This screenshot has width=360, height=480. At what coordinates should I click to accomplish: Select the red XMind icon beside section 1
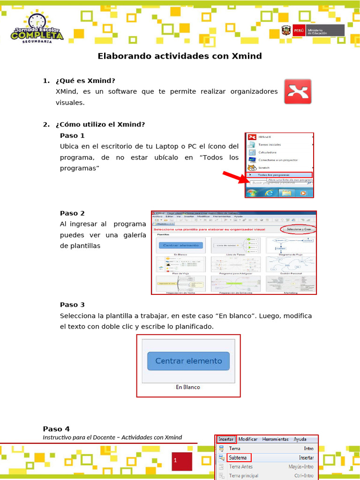[298, 91]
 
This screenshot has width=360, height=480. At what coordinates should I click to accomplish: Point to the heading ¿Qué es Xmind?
[85, 81]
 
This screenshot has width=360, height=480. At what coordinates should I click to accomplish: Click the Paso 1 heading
[72, 135]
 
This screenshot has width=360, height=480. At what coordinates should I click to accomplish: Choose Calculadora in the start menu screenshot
[267, 152]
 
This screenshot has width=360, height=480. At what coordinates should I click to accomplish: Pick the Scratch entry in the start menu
[264, 167]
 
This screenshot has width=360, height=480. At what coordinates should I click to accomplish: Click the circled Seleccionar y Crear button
[299, 229]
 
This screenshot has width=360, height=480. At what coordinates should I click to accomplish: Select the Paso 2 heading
[72, 213]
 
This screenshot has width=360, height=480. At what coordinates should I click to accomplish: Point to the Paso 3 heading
[72, 305]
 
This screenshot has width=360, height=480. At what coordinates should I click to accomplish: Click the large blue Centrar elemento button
[188, 361]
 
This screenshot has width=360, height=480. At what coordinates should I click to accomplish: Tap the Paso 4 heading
[56, 428]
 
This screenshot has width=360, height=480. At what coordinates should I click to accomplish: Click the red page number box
[181, 461]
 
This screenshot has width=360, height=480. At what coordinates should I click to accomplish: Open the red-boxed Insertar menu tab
[226, 439]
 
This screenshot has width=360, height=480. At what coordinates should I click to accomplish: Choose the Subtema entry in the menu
[239, 457]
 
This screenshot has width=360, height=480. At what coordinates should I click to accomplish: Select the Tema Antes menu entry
[240, 467]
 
